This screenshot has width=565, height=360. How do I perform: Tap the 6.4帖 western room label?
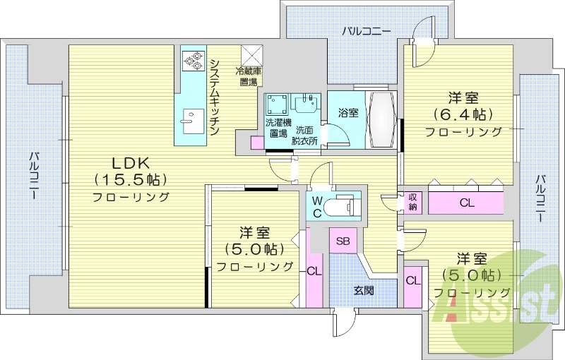pyautogui.click(x=463, y=114)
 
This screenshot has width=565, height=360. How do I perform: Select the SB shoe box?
pyautogui.click(x=343, y=241)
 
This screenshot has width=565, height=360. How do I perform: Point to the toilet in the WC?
pyautogui.click(x=344, y=207)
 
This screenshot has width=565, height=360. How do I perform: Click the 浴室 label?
pyautogui.click(x=347, y=113)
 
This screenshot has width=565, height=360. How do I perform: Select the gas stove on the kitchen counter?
pyautogui.click(x=191, y=63)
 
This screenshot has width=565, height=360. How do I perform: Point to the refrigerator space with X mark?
pyautogui.click(x=251, y=56)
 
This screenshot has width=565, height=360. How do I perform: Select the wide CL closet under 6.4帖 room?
pyautogui.click(x=465, y=203)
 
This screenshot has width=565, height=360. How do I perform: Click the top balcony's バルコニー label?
pyautogui.click(x=367, y=30)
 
